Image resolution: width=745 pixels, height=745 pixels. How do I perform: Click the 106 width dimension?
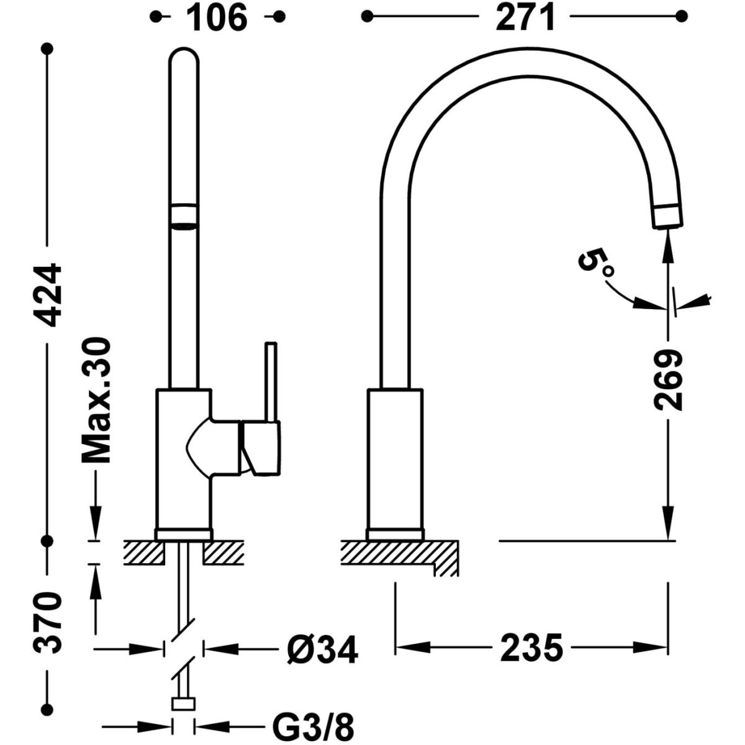click(217, 17)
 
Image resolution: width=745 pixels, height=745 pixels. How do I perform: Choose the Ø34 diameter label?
click(323, 649)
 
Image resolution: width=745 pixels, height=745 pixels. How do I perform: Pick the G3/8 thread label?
click(314, 725)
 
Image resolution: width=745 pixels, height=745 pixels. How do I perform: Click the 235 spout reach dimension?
click(531, 648)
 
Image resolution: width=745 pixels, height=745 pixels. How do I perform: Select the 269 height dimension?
click(668, 380)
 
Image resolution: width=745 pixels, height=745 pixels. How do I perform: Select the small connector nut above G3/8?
click(184, 703)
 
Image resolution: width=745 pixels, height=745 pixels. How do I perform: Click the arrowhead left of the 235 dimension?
click(410, 648)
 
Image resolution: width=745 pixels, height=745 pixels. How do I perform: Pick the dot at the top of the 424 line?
click(48, 48)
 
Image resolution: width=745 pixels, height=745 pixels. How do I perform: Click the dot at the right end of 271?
click(682, 16)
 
